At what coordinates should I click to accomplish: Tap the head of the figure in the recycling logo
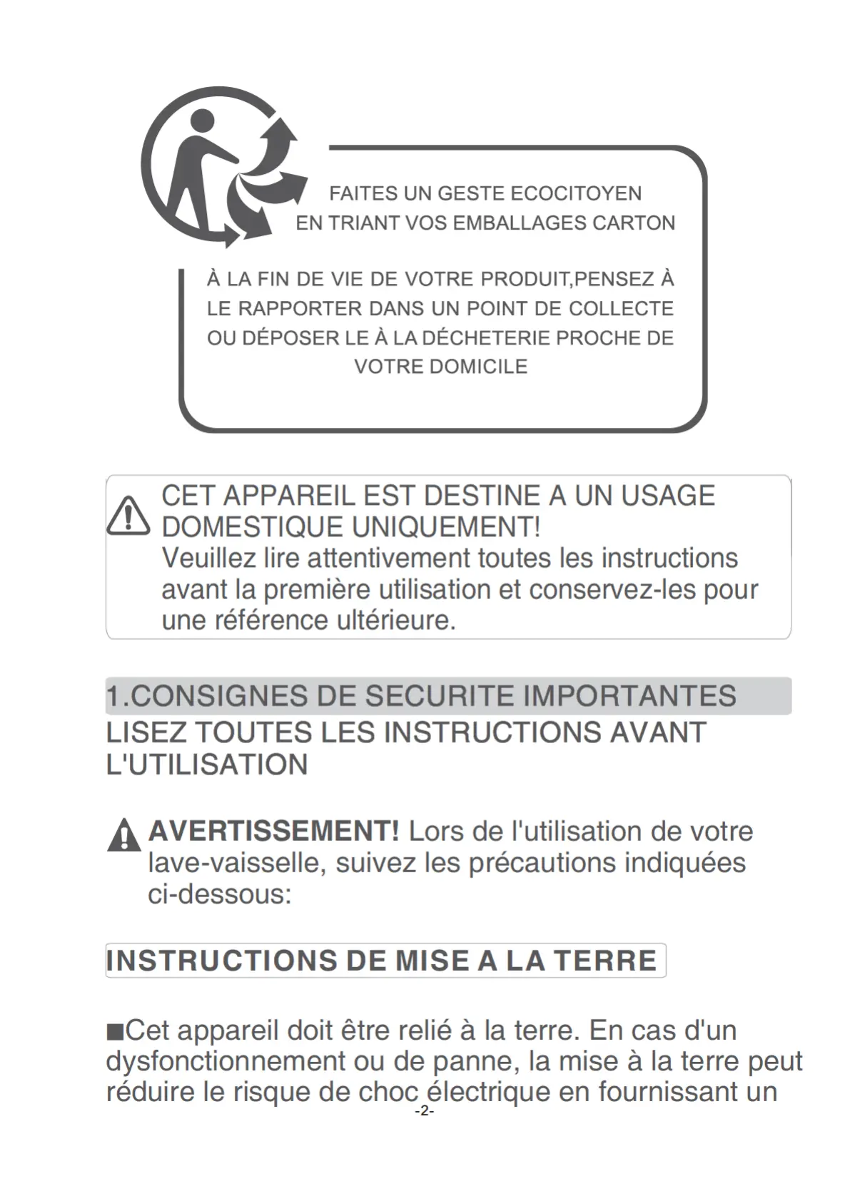[x=202, y=121]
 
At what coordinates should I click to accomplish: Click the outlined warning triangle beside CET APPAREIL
[x=128, y=515]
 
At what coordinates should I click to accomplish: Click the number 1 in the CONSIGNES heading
[x=113, y=696]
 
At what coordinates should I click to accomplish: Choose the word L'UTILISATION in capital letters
[x=207, y=765]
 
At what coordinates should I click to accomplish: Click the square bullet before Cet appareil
[x=114, y=1031]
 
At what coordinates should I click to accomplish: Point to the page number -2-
[x=424, y=1111]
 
